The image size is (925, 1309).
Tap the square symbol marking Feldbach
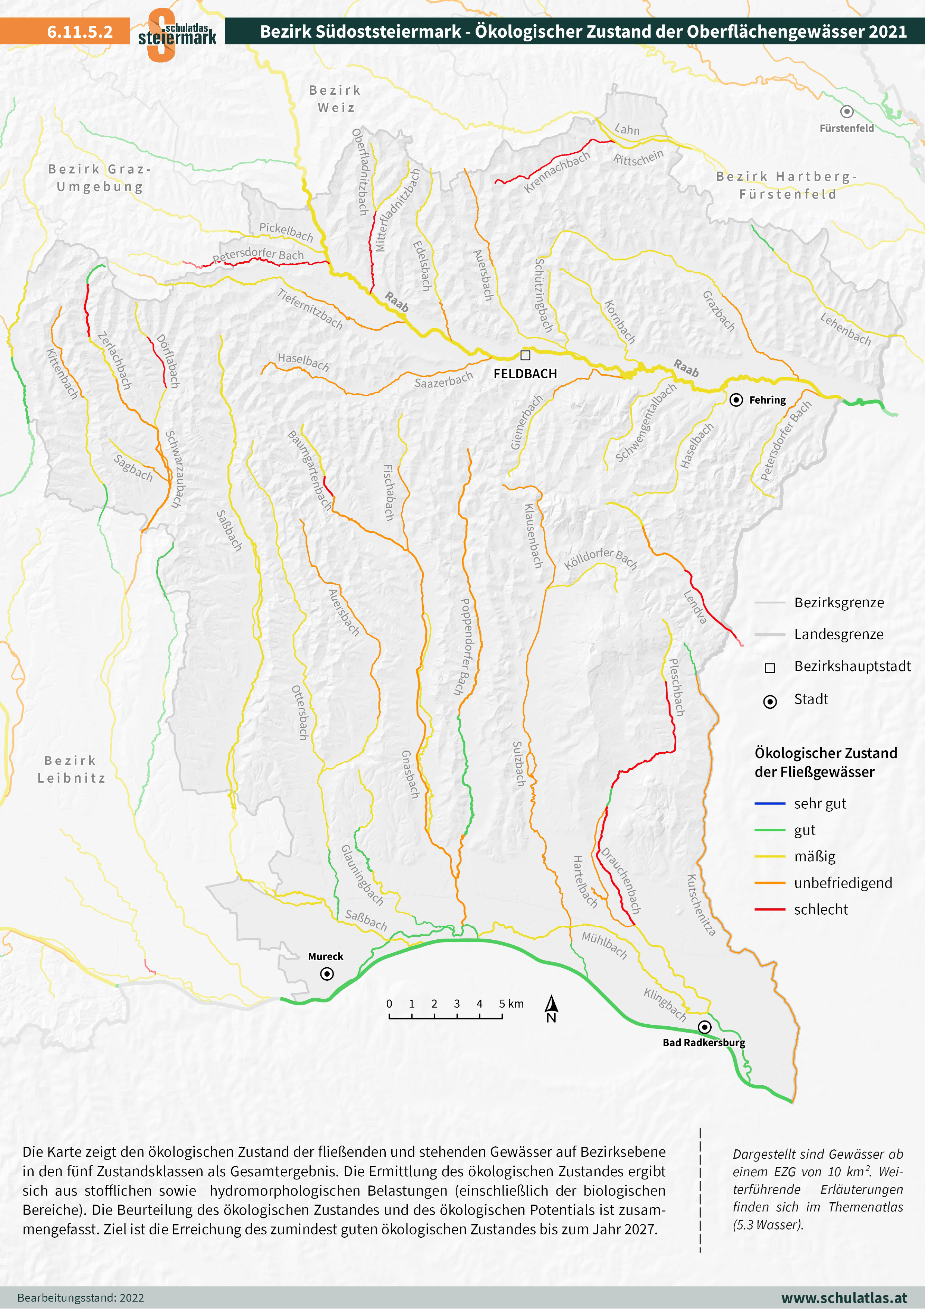point(526,355)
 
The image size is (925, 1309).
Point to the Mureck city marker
point(327,974)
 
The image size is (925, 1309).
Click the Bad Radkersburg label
point(704,1042)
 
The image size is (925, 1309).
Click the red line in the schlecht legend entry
point(769,909)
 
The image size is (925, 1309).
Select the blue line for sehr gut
point(769,803)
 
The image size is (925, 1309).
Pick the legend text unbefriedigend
point(843,883)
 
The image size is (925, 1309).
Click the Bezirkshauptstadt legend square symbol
point(769,668)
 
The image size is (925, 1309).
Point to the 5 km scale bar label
point(511,1003)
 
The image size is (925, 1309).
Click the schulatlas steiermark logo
point(177,34)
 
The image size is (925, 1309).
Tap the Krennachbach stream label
point(557,172)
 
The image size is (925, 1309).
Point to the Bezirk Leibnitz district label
point(71,769)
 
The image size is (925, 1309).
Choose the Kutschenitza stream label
point(700,905)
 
